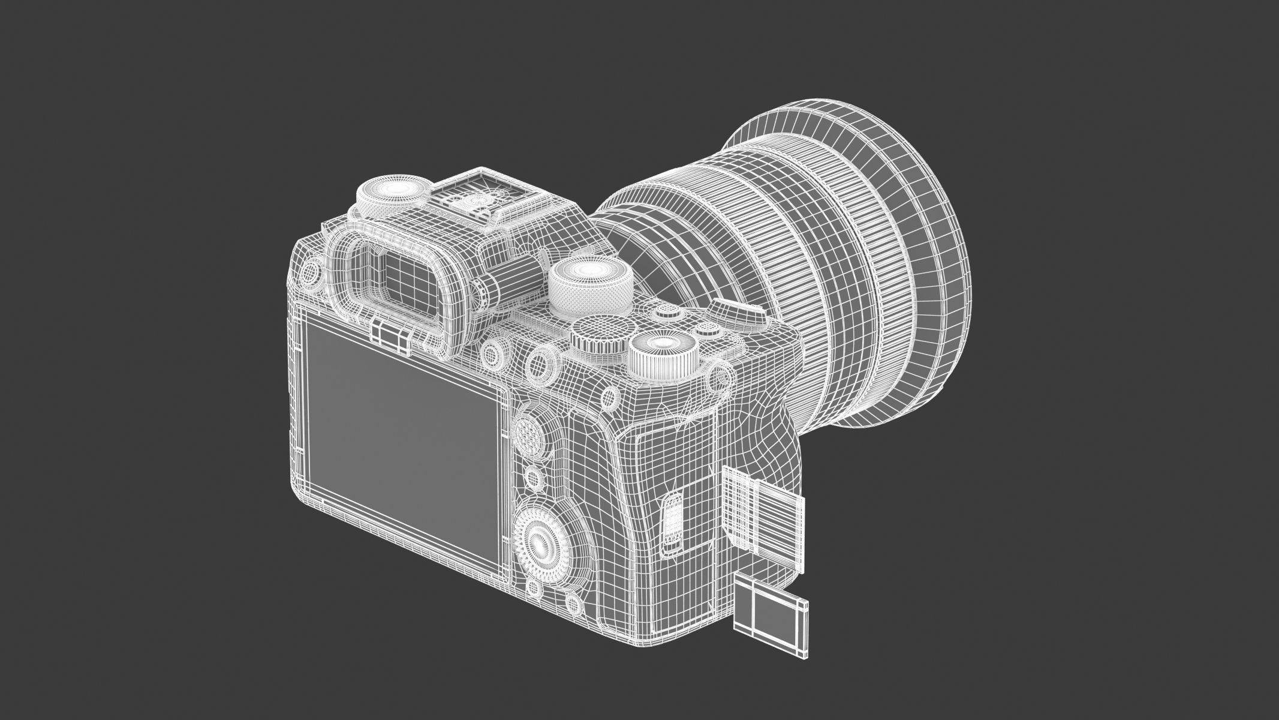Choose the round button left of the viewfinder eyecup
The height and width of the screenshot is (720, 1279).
(x=311, y=274)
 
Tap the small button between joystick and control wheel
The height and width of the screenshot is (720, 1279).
(x=531, y=478)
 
